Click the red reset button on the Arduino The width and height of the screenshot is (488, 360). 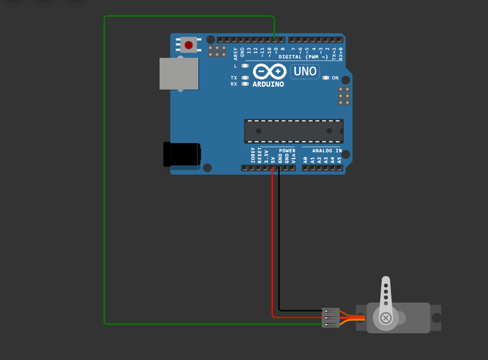pos(189,45)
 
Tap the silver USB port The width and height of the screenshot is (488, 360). pos(178,73)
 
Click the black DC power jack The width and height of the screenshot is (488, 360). pos(181,154)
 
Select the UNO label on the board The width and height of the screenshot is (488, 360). pos(305,71)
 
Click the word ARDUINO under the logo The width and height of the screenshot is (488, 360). pos(268,84)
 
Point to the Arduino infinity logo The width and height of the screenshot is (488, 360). pos(269,72)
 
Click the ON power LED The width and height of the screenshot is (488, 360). pos(326,78)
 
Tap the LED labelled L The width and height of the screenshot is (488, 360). pos(245,66)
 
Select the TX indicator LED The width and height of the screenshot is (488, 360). pos(245,78)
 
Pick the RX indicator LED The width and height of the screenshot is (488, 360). pos(245,84)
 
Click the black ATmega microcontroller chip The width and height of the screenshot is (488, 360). pos(294,131)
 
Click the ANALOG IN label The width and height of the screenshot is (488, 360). pos(326,151)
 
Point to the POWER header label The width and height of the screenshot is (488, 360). pos(287,151)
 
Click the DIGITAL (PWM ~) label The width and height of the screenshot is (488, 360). pos(303,57)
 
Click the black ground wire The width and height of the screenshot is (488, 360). pos(279,241)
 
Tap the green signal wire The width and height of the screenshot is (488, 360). pos(105,169)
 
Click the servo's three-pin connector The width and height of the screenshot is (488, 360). pos(330,317)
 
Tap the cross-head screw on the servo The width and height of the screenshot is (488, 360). pos(386,318)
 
